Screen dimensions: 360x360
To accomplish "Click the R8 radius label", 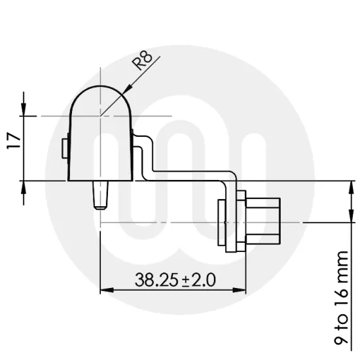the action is [x=143, y=60].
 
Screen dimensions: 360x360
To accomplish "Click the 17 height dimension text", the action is [x=14, y=141].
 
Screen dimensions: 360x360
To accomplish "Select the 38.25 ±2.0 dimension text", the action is [x=175, y=279].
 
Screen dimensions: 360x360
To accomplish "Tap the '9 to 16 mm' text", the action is [x=341, y=298].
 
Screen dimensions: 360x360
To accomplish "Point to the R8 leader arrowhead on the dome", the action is [x=127, y=89].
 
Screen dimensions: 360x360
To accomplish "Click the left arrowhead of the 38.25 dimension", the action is [x=107, y=290].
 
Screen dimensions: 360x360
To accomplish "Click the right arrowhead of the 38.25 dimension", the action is [x=239, y=290].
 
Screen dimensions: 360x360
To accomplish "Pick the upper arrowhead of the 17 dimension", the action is [x=24, y=109].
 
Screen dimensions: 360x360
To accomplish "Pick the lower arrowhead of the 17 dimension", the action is [x=24, y=188].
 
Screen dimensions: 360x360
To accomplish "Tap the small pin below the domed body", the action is [x=100, y=195].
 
